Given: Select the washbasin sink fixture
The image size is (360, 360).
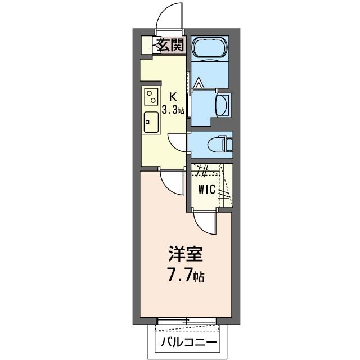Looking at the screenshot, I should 223,105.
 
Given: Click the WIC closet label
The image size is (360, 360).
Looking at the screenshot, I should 206,190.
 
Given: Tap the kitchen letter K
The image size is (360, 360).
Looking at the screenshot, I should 173,96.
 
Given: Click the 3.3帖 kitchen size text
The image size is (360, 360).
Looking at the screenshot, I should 173,110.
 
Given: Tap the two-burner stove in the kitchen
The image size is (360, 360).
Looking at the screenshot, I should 151,98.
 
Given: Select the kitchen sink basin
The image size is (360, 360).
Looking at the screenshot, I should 151,120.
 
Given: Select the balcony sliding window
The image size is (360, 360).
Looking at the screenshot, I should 186,321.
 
